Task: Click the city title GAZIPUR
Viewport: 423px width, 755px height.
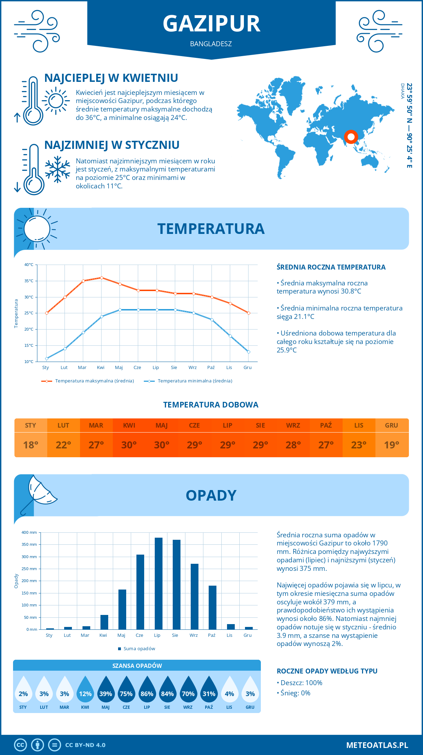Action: [211, 24]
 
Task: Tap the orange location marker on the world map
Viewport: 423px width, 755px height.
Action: [351, 137]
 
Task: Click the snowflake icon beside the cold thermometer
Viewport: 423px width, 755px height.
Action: [57, 169]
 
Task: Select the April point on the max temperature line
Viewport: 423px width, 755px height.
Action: [102, 278]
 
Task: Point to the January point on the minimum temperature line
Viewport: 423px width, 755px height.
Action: [47, 358]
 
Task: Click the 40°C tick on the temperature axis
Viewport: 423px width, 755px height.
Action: [29, 265]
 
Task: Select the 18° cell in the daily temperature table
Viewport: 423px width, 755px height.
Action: [31, 445]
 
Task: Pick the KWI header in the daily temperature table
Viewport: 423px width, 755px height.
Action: [129, 425]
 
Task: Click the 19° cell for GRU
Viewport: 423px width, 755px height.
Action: [392, 445]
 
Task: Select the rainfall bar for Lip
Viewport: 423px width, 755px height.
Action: [159, 584]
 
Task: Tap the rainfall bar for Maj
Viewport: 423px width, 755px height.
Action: [122, 609]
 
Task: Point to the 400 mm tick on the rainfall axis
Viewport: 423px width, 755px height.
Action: [30, 532]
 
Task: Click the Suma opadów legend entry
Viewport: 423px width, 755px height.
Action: [139, 649]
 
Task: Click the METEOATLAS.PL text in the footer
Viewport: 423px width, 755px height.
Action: [377, 745]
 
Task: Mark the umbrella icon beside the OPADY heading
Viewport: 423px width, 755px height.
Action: [39, 494]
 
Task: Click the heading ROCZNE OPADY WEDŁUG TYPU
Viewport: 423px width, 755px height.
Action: [327, 671]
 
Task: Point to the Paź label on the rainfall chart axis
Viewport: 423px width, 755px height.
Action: [211, 635]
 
